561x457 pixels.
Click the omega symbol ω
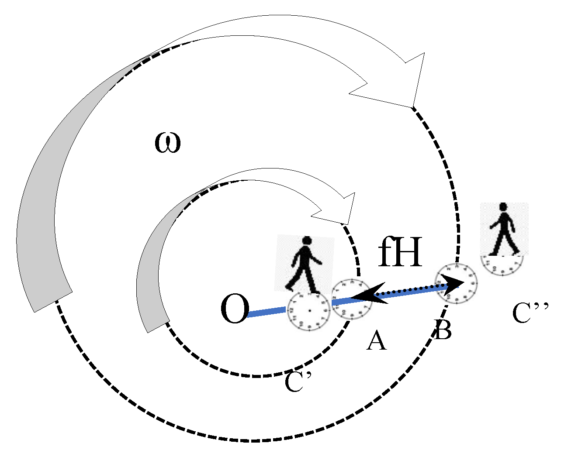coord(168,144)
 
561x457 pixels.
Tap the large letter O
coord(235,309)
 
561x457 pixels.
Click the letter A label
coord(377,340)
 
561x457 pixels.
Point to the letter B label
coord(443,330)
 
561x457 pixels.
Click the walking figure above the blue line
coord(305,265)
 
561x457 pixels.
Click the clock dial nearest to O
coord(309,311)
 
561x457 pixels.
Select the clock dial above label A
coord(352,299)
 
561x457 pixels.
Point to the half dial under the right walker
coord(502,265)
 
